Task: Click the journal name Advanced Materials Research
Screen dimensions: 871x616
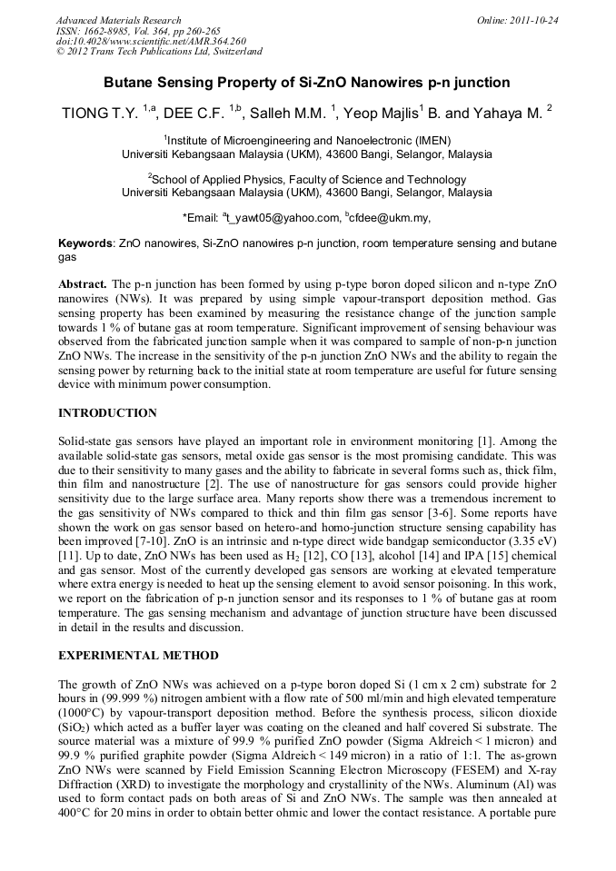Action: click(118, 20)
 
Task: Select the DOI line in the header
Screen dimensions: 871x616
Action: click(151, 41)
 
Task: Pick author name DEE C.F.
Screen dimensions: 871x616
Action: click(198, 114)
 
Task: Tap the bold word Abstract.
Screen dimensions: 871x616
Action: click(84, 284)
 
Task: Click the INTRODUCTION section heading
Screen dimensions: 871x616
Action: click(107, 413)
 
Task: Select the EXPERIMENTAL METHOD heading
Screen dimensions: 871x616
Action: click(138, 656)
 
